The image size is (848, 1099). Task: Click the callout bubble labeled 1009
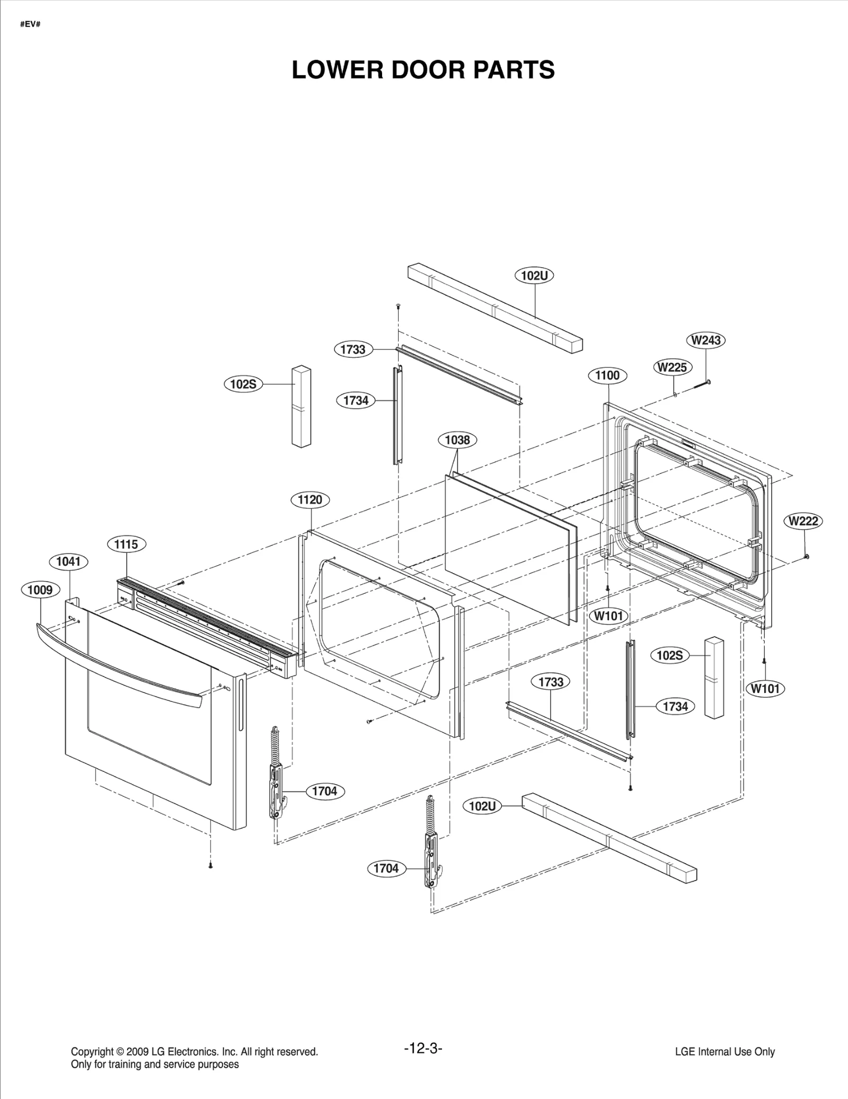pyautogui.click(x=40, y=590)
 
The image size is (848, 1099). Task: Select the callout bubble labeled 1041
pyautogui.click(x=68, y=561)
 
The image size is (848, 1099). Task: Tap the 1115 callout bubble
pyautogui.click(x=126, y=544)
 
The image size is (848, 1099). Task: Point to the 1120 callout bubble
pyautogui.click(x=310, y=499)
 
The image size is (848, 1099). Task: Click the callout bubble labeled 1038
pyautogui.click(x=457, y=439)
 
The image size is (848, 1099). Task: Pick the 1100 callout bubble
pyautogui.click(x=607, y=375)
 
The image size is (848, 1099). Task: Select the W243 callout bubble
pyautogui.click(x=706, y=340)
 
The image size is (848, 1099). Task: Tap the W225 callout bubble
pyautogui.click(x=672, y=367)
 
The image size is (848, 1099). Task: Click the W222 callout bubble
pyautogui.click(x=803, y=521)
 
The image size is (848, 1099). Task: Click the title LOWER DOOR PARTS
pyautogui.click(x=423, y=70)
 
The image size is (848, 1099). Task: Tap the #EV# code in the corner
pyautogui.click(x=30, y=24)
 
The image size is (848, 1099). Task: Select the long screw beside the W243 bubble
pyautogui.click(x=701, y=384)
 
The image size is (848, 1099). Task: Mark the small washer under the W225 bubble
pyautogui.click(x=675, y=394)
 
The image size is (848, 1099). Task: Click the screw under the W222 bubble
pyautogui.click(x=806, y=556)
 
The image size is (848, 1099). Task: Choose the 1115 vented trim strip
pyautogui.click(x=207, y=628)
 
